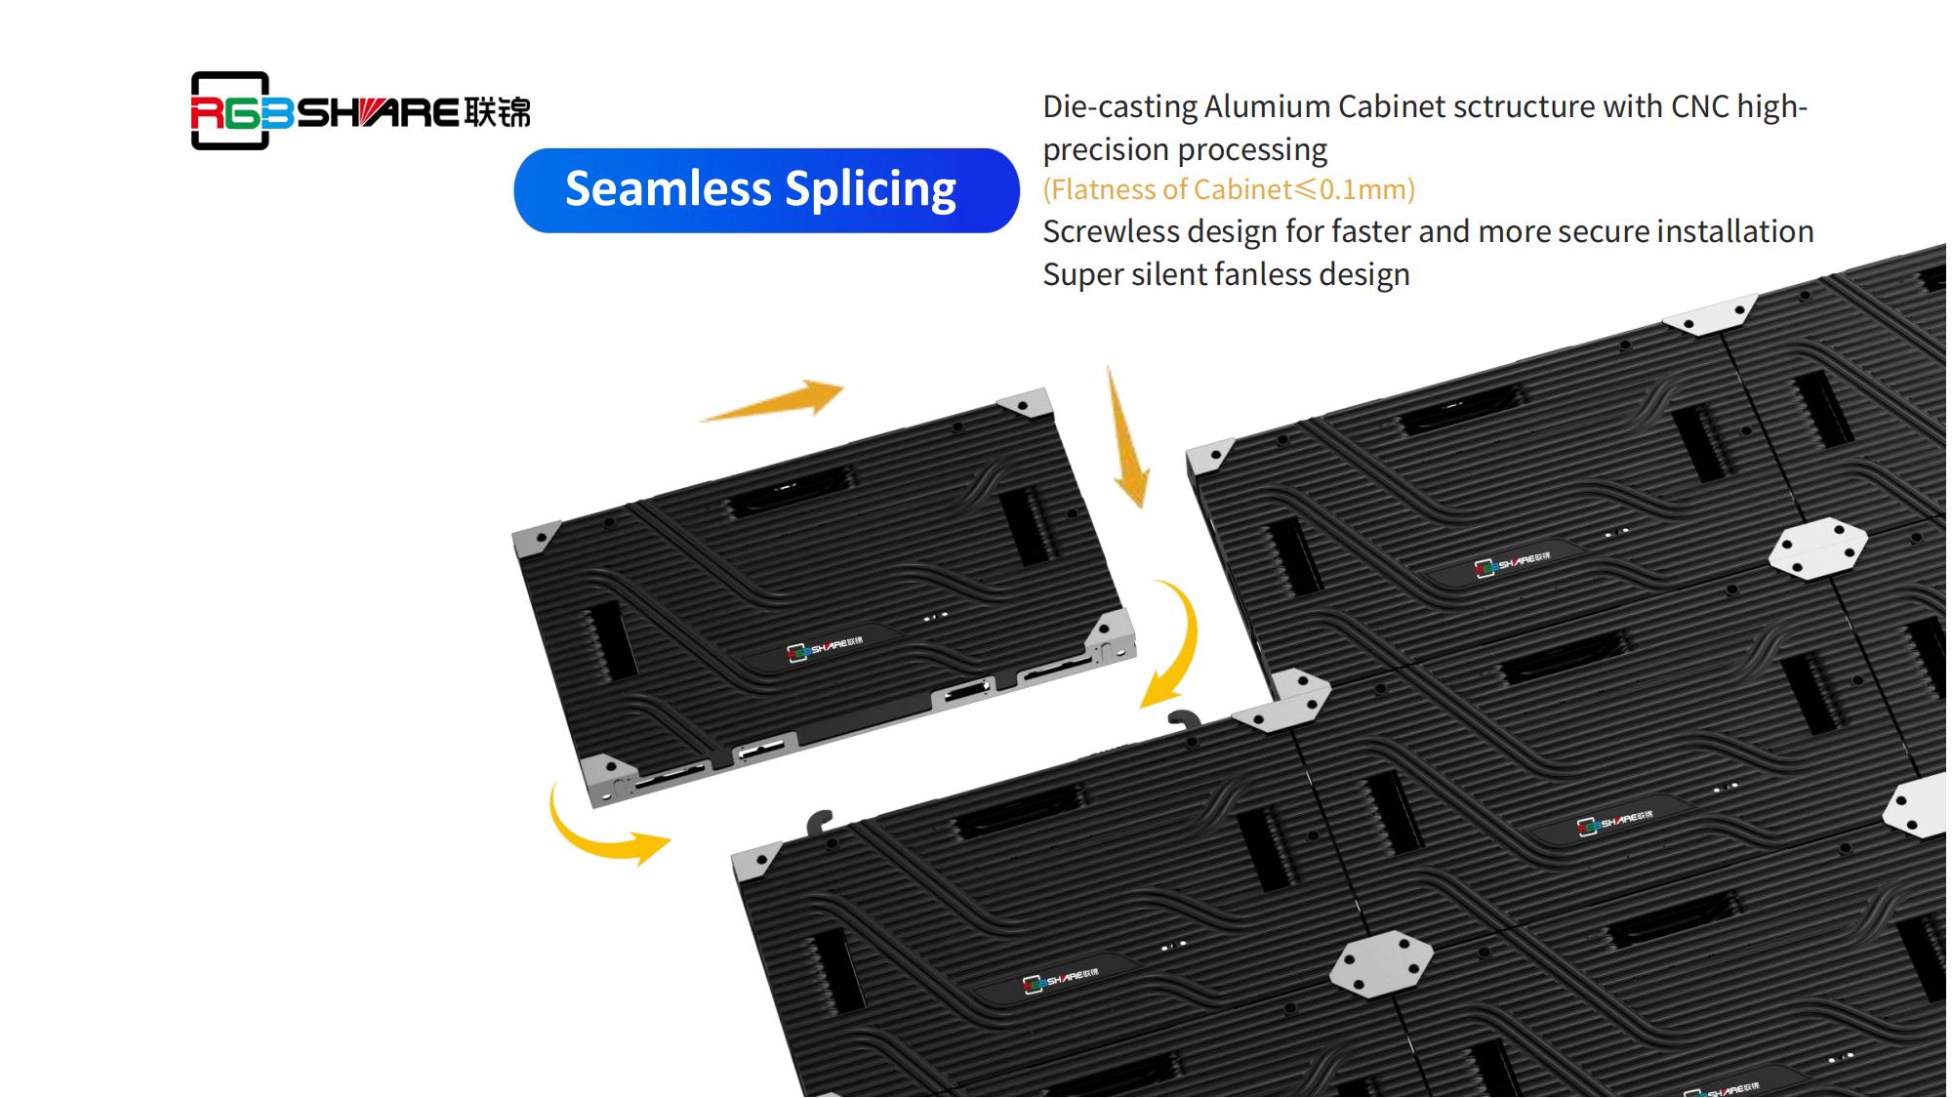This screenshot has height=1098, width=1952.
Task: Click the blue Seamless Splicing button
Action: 766,190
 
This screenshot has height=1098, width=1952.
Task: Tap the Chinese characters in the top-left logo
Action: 498,112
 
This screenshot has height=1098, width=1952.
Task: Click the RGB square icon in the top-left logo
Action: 231,111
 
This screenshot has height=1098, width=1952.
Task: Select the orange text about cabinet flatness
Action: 1228,189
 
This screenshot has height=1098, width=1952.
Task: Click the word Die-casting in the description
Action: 1119,106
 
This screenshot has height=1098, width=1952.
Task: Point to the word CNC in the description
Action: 1700,105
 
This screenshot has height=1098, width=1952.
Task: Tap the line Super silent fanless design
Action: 1226,275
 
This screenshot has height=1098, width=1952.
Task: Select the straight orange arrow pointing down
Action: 1127,439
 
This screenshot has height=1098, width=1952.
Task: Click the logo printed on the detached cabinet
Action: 825,648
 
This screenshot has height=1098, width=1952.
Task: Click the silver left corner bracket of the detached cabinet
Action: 535,539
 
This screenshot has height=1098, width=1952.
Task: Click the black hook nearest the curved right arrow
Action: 1185,720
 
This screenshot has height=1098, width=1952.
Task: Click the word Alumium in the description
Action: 1267,106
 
